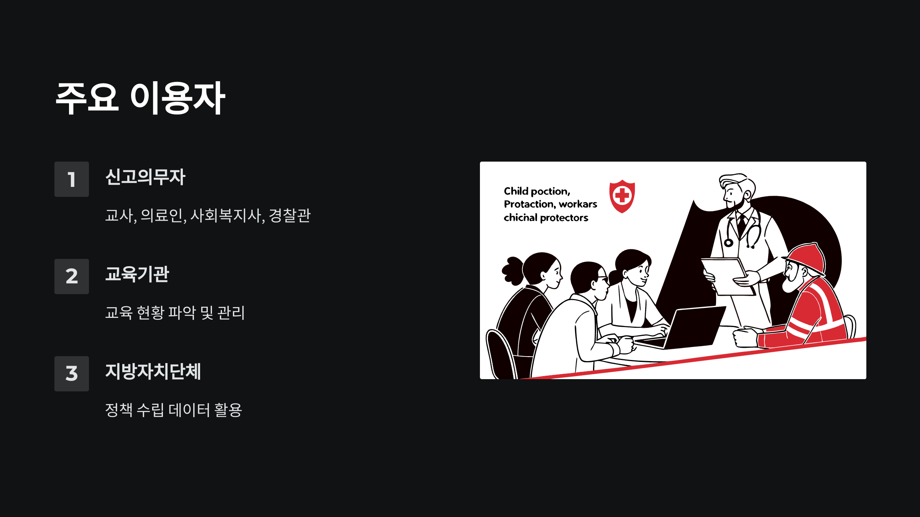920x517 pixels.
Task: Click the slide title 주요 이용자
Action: pyautogui.click(x=140, y=98)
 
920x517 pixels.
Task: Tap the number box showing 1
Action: pyautogui.click(x=72, y=179)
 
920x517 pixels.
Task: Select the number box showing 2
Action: pyautogui.click(x=72, y=276)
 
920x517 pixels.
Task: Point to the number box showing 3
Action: pyautogui.click(x=72, y=374)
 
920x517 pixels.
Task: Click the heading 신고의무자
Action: pyautogui.click(x=145, y=177)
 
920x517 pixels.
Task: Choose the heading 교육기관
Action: pyautogui.click(x=137, y=274)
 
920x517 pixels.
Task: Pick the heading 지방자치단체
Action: pyautogui.click(x=153, y=371)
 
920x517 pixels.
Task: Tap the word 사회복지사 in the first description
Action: pyautogui.click(x=226, y=216)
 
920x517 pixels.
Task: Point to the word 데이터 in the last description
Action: pyautogui.click(x=189, y=410)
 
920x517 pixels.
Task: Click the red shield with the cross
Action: pyautogui.click(x=622, y=196)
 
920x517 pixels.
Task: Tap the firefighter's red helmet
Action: pyautogui.click(x=807, y=258)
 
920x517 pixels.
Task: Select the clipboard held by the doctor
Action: pyautogui.click(x=726, y=276)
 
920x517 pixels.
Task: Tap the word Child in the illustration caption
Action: pyautogui.click(x=516, y=191)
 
